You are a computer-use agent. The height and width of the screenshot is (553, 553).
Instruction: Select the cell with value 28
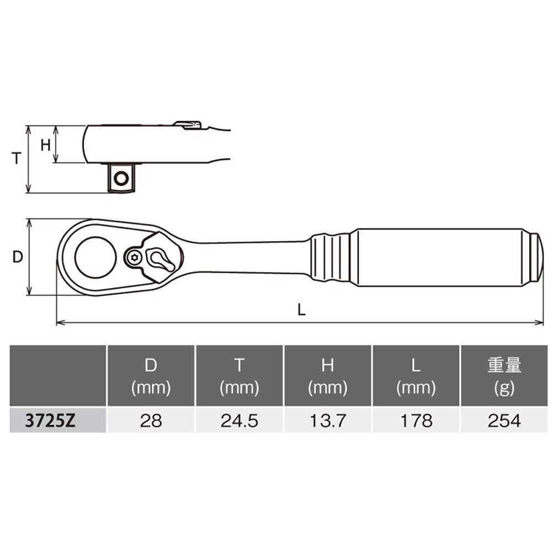tap(151, 421)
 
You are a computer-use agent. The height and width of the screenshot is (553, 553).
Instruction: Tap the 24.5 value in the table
tap(239, 421)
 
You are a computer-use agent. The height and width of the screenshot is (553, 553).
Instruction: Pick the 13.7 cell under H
tap(328, 421)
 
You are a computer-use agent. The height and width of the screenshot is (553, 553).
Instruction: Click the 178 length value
tap(416, 421)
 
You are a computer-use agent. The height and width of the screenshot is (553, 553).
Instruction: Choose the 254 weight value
tap(504, 421)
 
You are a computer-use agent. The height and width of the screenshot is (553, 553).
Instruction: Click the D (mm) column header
tap(151, 376)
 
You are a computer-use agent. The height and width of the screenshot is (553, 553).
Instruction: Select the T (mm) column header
tap(239, 376)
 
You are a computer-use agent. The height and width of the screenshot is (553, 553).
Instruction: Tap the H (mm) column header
tap(328, 376)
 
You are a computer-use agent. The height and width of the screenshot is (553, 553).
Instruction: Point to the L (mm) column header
tap(416, 376)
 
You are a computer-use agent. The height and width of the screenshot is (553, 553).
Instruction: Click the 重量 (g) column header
tap(504, 376)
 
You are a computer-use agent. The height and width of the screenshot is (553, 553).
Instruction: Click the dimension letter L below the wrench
tap(301, 310)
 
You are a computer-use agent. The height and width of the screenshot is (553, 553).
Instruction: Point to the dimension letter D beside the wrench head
tap(18, 257)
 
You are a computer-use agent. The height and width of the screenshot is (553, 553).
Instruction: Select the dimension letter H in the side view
tap(46, 145)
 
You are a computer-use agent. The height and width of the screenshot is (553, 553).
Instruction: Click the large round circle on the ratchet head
tap(95, 257)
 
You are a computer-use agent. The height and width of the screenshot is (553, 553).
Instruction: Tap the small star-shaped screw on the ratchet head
tap(133, 257)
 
